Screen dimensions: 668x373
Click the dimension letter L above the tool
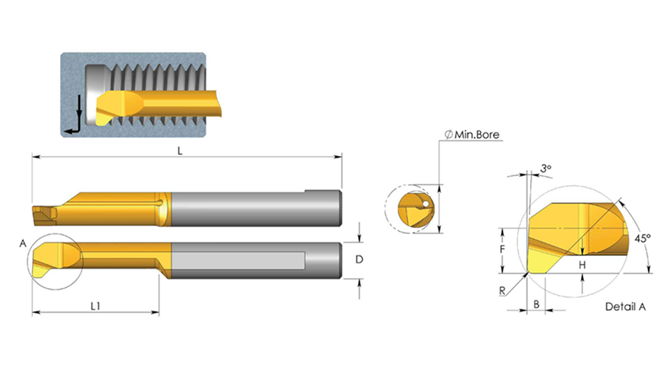click(180, 151)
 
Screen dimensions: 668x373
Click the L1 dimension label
click(96, 305)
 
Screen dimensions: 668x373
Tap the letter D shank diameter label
click(359, 259)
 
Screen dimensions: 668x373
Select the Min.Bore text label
click(477, 135)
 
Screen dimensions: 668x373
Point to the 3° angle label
click(546, 168)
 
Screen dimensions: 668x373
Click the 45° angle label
click(643, 238)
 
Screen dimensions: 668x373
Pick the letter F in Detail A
click(502, 249)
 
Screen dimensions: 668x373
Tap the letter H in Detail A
click(582, 265)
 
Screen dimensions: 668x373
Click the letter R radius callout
click(502, 291)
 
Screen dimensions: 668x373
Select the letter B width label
click(536, 304)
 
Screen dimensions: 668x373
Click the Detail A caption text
click(625, 307)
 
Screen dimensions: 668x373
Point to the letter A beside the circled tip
click(23, 243)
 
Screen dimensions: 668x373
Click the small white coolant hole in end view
click(425, 205)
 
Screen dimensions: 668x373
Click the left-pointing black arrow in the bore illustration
click(72, 130)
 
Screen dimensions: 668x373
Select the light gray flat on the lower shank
click(238, 261)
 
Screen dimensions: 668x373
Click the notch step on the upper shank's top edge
click(305, 191)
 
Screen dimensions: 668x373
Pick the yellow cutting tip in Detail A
click(540, 260)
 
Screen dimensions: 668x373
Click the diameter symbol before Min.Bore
click(448, 135)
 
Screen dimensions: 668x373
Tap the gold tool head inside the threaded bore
click(120, 106)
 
